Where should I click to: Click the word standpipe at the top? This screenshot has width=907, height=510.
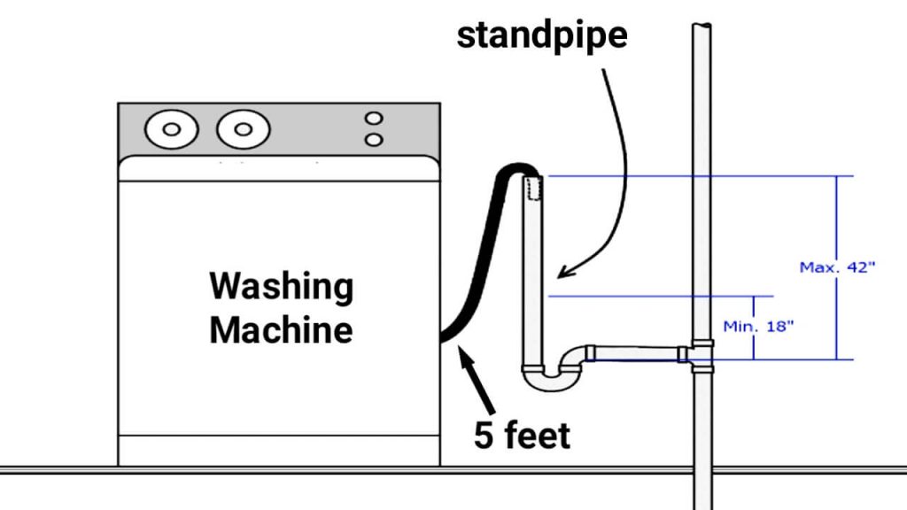click(542, 35)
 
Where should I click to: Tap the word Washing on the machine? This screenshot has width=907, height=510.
click(281, 287)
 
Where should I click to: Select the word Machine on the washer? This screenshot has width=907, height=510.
click(281, 329)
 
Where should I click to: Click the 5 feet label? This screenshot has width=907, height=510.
click(523, 436)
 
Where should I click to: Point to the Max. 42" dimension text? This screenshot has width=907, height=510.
click(837, 267)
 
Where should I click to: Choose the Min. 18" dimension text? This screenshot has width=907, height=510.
click(758, 326)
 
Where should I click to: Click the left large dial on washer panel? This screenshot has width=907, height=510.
click(172, 129)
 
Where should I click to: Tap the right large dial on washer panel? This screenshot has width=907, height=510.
click(237, 129)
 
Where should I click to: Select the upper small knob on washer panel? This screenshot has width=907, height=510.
click(375, 119)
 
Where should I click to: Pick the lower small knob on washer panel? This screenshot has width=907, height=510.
click(375, 139)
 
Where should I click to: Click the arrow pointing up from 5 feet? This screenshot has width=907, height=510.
click(469, 376)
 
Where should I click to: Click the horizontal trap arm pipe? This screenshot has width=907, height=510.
click(638, 353)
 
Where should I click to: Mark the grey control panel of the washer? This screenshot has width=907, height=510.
click(279, 130)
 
